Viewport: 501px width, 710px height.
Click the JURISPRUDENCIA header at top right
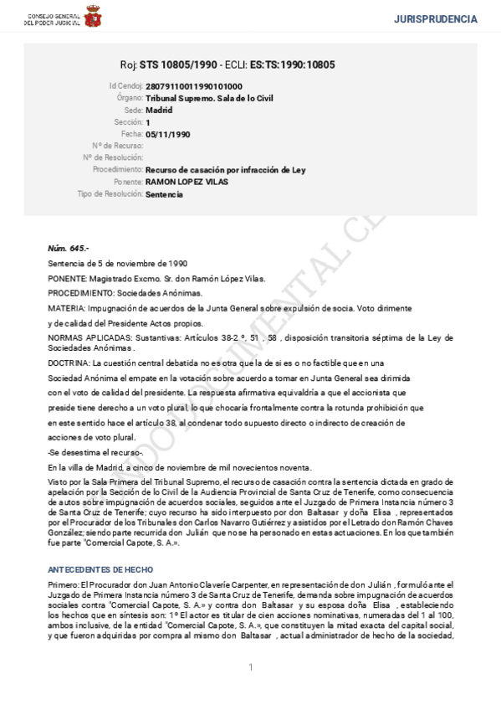(435, 18)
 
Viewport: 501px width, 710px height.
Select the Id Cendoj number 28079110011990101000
(194, 86)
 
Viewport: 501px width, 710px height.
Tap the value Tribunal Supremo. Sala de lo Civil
(209, 98)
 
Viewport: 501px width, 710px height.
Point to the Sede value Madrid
(159, 110)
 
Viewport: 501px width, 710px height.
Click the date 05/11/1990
(168, 134)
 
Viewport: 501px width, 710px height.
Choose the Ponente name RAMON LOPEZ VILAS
(187, 182)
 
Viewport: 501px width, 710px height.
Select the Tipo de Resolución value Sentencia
(164, 194)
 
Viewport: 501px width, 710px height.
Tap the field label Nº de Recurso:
(116, 146)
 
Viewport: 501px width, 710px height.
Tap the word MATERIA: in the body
(66, 308)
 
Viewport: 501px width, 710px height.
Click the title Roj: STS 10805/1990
(169, 64)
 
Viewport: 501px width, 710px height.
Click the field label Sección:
(127, 122)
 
